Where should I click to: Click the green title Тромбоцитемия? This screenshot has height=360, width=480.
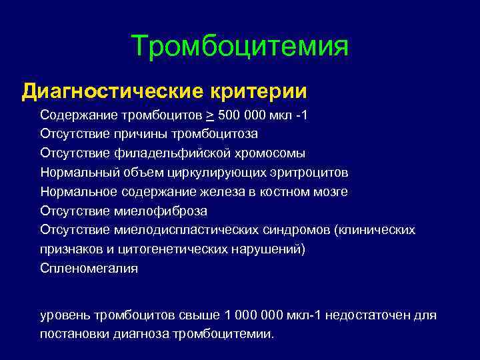click(x=240, y=47)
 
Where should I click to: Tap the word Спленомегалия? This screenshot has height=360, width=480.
click(x=89, y=269)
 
